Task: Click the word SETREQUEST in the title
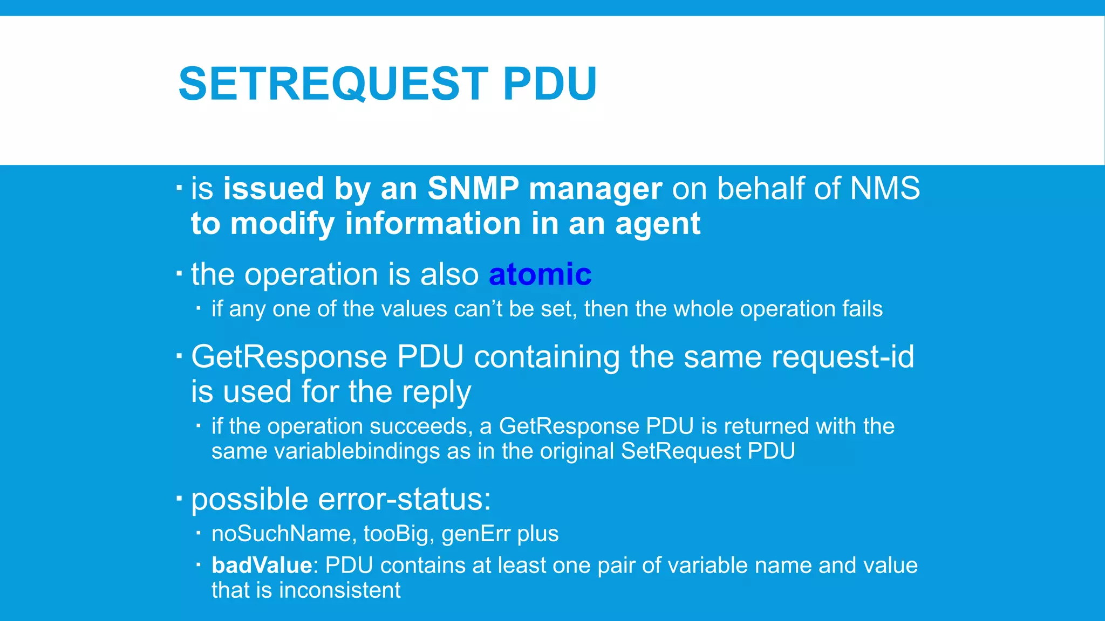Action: click(333, 84)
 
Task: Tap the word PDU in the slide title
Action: click(549, 84)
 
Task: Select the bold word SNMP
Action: click(473, 189)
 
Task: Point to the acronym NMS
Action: click(885, 189)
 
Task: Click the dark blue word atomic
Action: click(540, 274)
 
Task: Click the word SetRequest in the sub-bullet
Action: click(681, 451)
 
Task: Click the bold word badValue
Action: click(262, 565)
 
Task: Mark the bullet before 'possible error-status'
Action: click(179, 498)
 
